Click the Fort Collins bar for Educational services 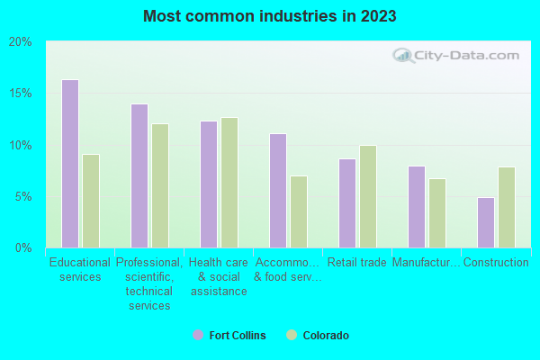(x=70, y=164)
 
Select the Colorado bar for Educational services (x=91, y=201)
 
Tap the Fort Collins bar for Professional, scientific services (x=139, y=175)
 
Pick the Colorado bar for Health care (x=229, y=183)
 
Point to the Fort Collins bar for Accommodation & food (x=278, y=191)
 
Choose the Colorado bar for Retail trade (x=368, y=196)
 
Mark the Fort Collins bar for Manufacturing (x=417, y=207)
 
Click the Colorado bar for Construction (x=507, y=207)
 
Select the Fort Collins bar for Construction (x=486, y=222)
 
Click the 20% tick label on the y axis (x=20, y=42)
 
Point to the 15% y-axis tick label (x=20, y=94)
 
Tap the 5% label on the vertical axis (x=23, y=196)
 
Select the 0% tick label (x=23, y=247)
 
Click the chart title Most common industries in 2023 (x=269, y=16)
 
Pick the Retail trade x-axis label (x=357, y=263)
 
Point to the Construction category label (x=496, y=263)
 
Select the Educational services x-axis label (x=80, y=270)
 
